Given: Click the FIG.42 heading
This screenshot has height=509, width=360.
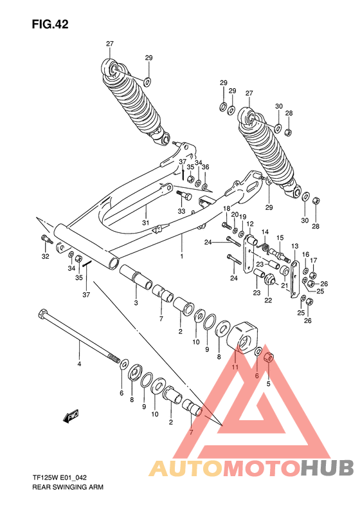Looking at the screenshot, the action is [x=50, y=24].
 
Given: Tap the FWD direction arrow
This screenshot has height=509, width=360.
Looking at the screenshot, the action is [x=71, y=416].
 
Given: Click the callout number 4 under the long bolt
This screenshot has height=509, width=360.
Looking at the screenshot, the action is [x=79, y=364].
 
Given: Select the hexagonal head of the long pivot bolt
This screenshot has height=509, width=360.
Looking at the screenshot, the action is [x=43, y=314].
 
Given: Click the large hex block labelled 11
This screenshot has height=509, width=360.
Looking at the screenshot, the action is [x=243, y=337].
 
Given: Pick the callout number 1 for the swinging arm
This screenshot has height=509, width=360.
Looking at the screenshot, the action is [x=182, y=256].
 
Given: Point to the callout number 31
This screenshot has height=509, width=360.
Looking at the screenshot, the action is [x=146, y=223].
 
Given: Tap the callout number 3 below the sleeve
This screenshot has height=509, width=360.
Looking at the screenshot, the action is [x=136, y=303].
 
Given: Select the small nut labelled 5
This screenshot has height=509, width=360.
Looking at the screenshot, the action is [x=268, y=358].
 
